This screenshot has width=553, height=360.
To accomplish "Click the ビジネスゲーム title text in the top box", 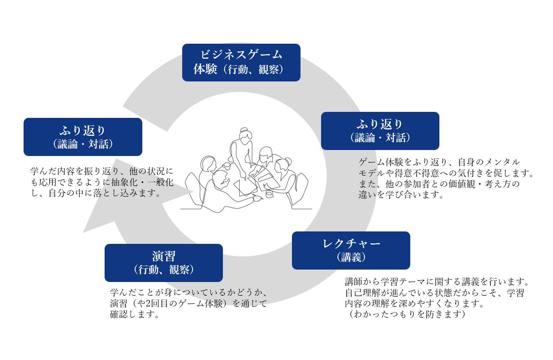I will (x=241, y=55).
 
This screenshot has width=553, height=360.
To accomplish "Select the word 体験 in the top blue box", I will (x=205, y=69).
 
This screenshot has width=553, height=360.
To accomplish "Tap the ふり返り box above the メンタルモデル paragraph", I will (x=380, y=131).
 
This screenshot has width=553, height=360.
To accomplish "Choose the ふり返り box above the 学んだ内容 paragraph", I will (x=83, y=137).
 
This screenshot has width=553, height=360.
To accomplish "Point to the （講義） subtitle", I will (x=351, y=257).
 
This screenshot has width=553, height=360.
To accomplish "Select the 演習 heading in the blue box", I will (x=164, y=256).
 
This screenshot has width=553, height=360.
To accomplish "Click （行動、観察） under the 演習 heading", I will (x=164, y=270).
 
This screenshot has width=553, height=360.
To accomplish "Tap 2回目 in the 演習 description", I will (x=157, y=304).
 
